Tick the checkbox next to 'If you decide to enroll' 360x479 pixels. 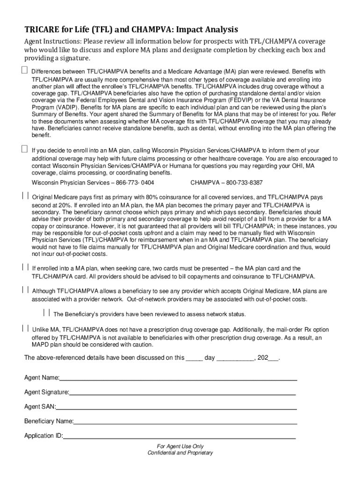[24, 149]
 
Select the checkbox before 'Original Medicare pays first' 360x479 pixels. [24, 196]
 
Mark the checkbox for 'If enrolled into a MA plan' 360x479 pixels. [24, 267]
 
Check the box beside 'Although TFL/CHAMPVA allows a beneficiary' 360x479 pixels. [24, 290]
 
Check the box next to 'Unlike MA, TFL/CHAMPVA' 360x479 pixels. [24, 328]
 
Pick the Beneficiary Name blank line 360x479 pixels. [185, 423]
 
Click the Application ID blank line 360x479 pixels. [180, 437]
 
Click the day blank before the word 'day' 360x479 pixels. [194, 359]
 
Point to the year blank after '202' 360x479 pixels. [273, 359]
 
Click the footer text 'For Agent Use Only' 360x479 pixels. [180, 446]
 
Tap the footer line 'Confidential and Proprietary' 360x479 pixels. [180, 453]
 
